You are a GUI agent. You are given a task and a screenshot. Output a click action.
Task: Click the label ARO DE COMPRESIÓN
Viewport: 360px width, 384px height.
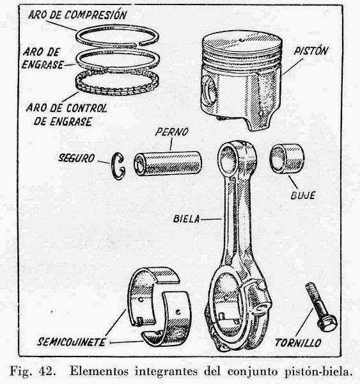pos(77,13)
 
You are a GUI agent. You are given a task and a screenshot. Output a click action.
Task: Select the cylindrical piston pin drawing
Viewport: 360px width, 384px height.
pos(168,164)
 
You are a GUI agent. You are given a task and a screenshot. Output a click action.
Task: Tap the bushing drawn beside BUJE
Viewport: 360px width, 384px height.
pos(285,159)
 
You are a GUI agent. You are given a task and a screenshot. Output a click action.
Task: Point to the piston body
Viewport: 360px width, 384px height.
pos(243,80)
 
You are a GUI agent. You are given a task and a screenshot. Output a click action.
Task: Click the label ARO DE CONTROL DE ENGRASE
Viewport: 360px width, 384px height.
pos(70,113)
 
